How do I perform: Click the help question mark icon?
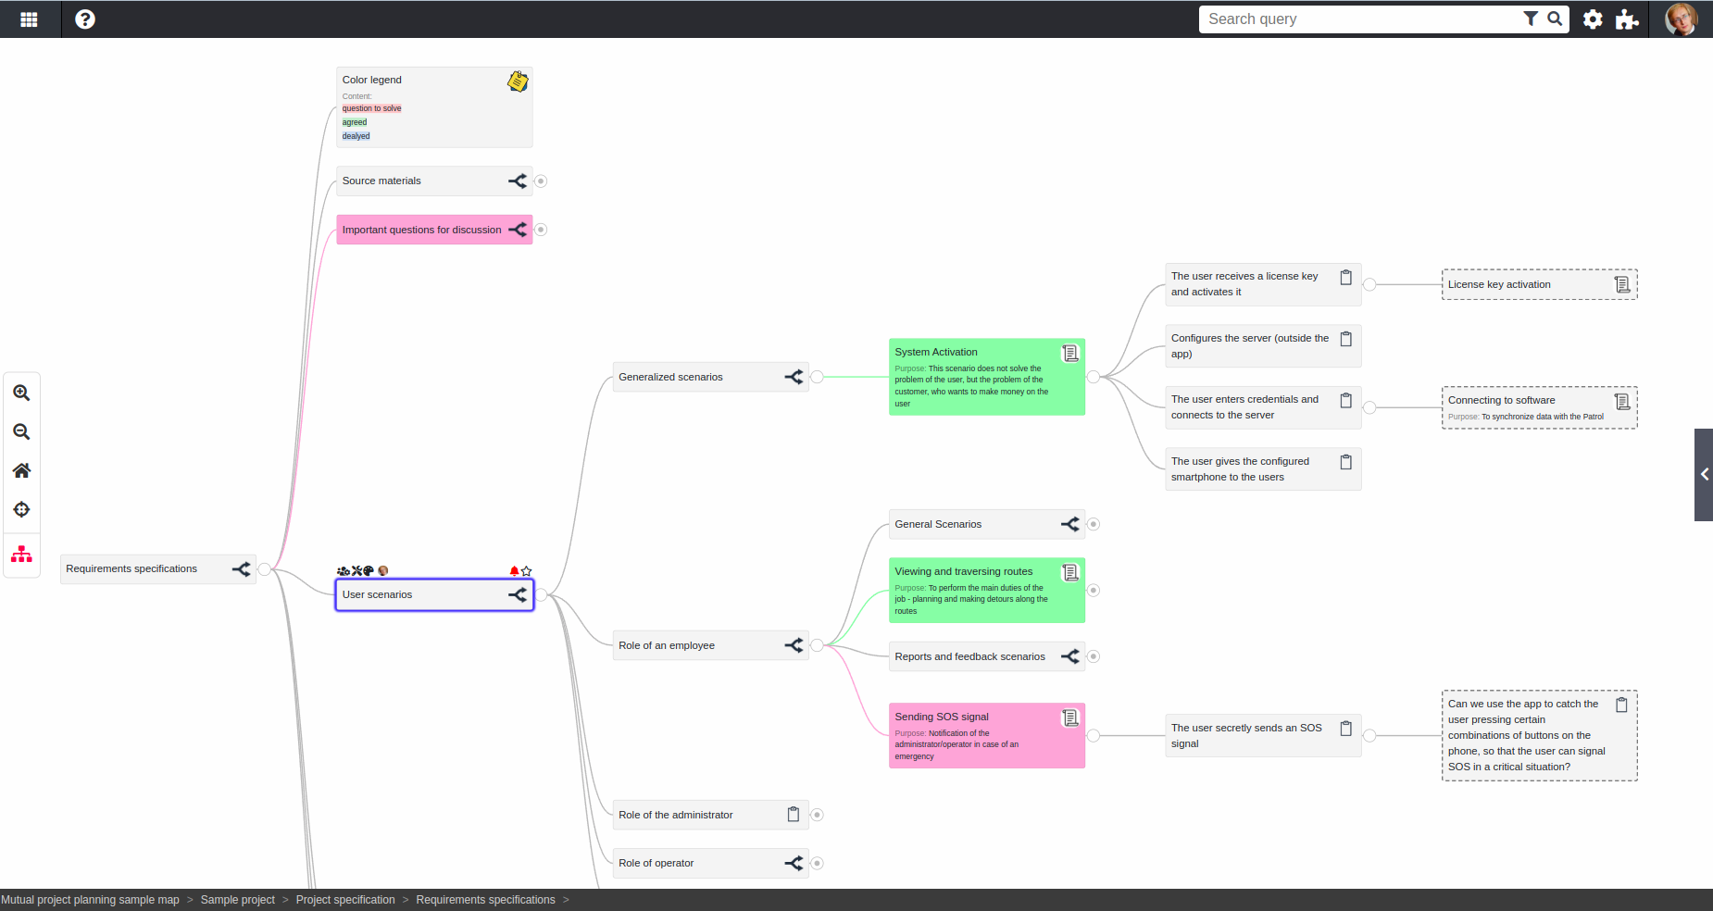coord(85,19)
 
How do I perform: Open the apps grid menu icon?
coord(29,19)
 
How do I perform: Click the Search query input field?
coord(1361,19)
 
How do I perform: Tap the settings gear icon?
coord(1593,19)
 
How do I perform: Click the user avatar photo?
coord(1682,19)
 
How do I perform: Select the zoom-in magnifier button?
coord(21,393)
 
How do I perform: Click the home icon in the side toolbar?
coord(21,470)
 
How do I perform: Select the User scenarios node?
coord(434,594)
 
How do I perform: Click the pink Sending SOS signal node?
coord(987,736)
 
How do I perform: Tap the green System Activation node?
coord(987,377)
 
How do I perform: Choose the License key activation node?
coord(1540,284)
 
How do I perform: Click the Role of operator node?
coord(710,863)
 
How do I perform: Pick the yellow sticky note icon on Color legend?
coord(518,81)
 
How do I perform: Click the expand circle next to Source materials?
coord(541,181)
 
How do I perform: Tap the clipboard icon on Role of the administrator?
coord(794,815)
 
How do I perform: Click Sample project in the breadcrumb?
coord(238,900)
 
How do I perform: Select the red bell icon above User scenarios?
coord(514,571)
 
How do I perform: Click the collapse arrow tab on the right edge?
coord(1704,475)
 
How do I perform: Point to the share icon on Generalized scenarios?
coord(794,377)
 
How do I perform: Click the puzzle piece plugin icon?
coord(1627,19)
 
